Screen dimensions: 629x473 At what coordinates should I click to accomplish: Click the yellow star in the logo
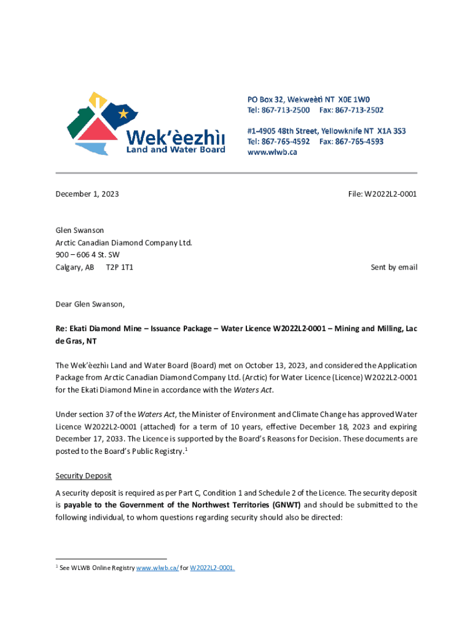[x=123, y=114]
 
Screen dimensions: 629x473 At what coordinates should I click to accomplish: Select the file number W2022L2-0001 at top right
[x=391, y=194]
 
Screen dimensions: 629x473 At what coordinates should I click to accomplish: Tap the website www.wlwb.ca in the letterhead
[x=272, y=152]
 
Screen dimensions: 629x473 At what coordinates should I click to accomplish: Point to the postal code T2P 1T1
[x=119, y=267]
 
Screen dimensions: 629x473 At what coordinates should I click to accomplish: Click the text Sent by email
[x=394, y=267]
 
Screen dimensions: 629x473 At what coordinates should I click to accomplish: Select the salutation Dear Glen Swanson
[x=90, y=304]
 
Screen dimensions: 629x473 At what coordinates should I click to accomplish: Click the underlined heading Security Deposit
[x=84, y=476]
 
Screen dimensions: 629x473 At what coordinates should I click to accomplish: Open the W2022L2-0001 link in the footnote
[x=212, y=568]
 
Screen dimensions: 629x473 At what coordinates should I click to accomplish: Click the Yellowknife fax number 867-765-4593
[x=359, y=141]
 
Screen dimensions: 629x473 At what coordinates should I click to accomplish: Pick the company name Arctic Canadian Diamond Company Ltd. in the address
[x=124, y=243]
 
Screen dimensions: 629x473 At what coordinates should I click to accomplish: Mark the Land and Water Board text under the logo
[x=176, y=149]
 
